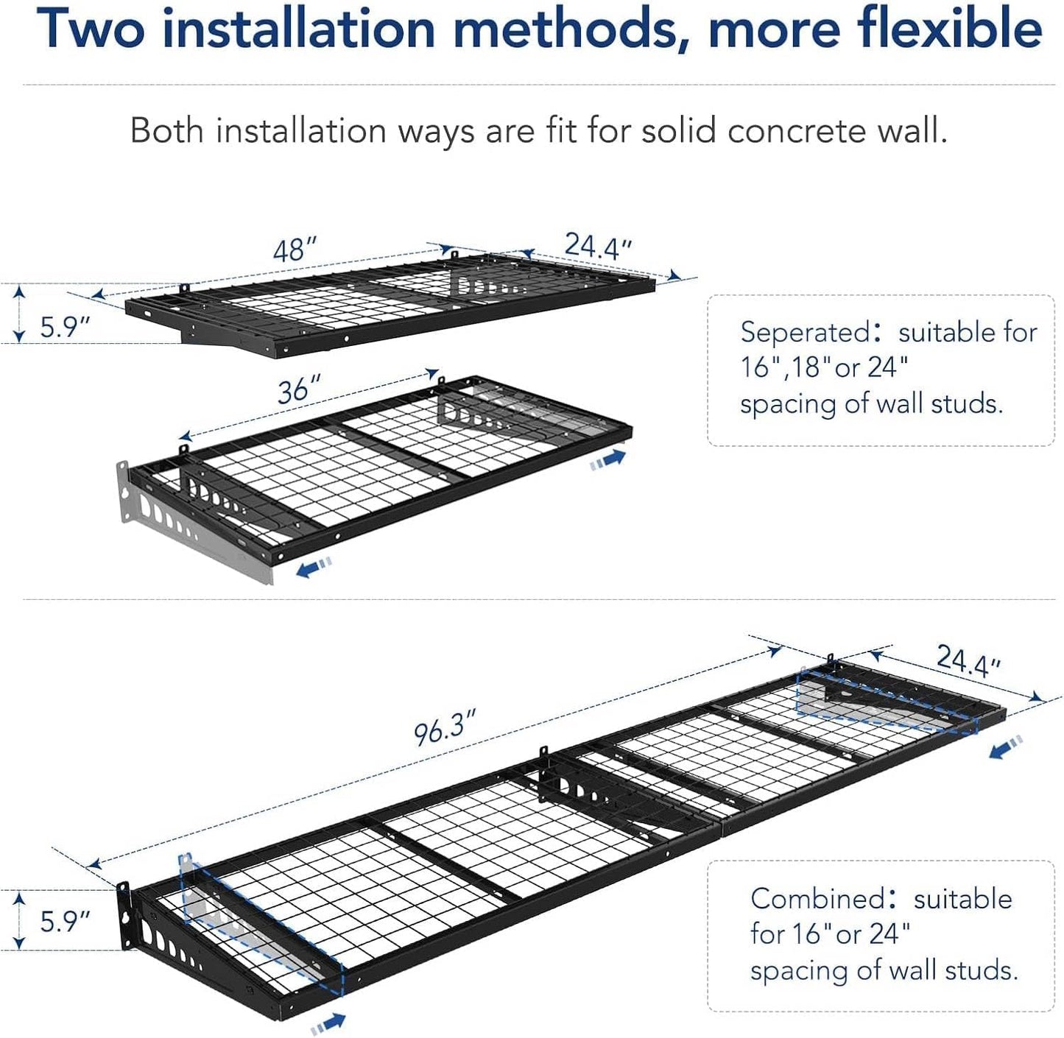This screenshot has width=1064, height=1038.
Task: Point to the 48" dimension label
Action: point(295,250)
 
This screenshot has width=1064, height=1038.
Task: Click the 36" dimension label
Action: point(299,389)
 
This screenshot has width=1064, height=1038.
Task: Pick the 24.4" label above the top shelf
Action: point(598,246)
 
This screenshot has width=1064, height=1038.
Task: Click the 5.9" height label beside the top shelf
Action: point(65,326)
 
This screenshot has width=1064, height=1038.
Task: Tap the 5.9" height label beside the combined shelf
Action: point(65,921)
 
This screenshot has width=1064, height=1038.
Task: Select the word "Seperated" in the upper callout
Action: point(806,333)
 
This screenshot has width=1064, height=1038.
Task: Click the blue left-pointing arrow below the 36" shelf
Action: point(314,567)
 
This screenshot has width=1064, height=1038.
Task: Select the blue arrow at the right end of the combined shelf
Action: point(1006,747)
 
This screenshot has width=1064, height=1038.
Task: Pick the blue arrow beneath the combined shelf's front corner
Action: point(328,1023)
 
